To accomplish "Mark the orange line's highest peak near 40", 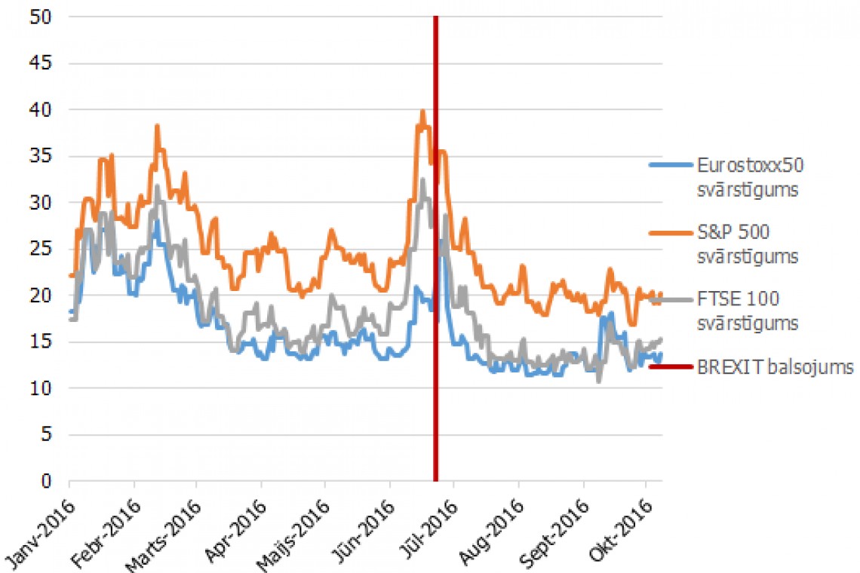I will point(422,112).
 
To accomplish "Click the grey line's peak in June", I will point(423,179).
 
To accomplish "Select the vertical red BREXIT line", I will point(435,302).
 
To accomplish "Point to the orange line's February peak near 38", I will point(158,126).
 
